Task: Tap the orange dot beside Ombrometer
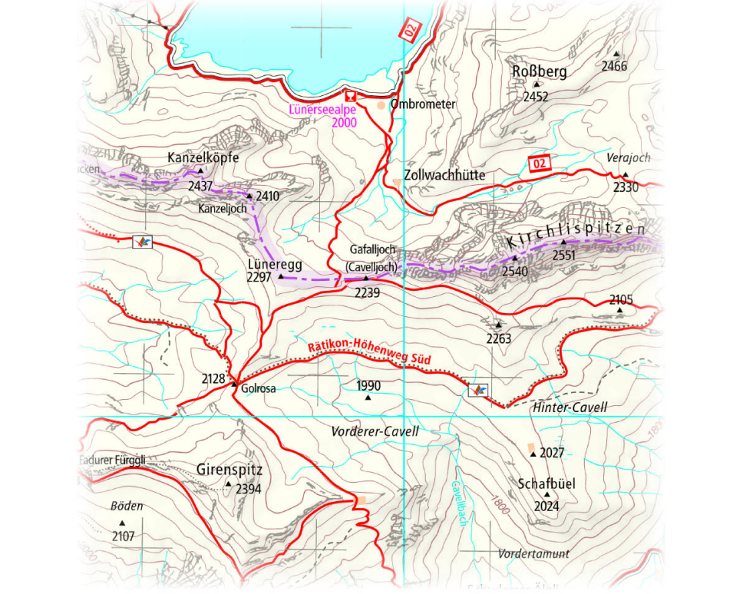click(381, 104)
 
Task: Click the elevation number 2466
click(614, 66)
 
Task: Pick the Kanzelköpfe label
click(203, 157)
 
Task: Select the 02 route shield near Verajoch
click(540, 163)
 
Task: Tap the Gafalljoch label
click(372, 249)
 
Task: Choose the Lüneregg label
click(275, 264)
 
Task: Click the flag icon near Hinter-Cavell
click(479, 391)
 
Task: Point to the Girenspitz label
click(230, 469)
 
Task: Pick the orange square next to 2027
click(530, 447)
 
